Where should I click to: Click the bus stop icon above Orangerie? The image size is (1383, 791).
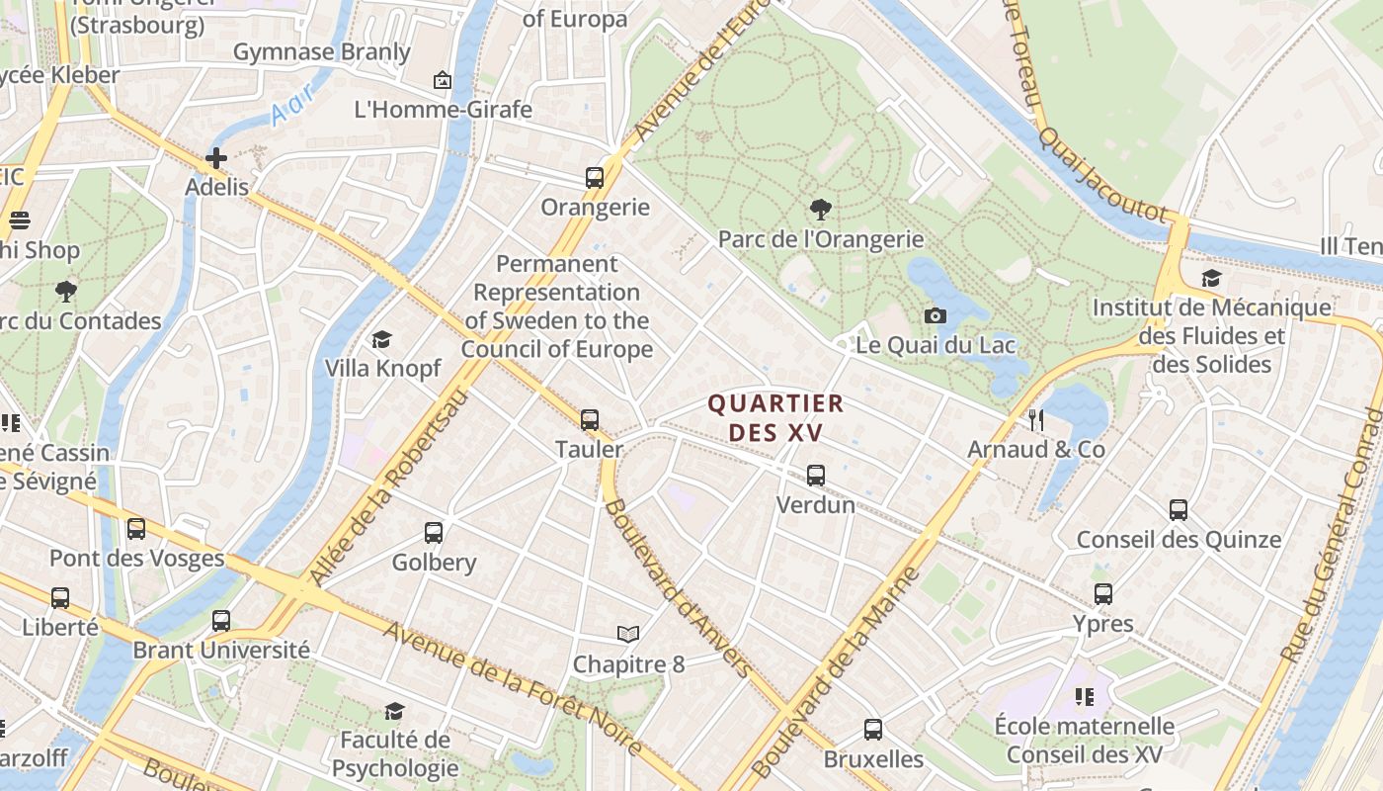coord(594,178)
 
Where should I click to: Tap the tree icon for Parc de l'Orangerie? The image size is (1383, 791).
coord(819,210)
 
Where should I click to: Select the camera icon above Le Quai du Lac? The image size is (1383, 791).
coord(935,315)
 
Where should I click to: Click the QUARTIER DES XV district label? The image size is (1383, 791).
coord(775,418)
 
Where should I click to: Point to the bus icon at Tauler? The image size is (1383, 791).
coord(590,420)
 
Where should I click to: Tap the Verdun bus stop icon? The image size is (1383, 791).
coord(815,476)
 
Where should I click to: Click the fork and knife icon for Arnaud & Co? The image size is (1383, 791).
coord(1035,420)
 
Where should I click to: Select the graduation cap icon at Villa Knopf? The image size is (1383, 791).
coord(381,340)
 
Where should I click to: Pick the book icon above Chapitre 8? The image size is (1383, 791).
coord(628,634)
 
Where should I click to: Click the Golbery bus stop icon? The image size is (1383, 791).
coord(434,533)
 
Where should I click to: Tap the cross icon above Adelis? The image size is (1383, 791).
coord(216,157)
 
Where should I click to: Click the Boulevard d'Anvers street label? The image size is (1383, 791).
coord(677,588)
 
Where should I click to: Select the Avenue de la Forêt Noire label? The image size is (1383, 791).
coord(514,688)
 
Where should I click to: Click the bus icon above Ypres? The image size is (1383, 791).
coord(1103,594)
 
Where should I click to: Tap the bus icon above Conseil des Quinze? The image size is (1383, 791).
coord(1179,510)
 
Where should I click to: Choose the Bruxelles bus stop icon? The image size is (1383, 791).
coord(873,730)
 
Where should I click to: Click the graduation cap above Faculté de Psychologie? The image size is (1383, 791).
coord(394,711)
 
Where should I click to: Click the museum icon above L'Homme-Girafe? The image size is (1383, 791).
coord(443,80)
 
